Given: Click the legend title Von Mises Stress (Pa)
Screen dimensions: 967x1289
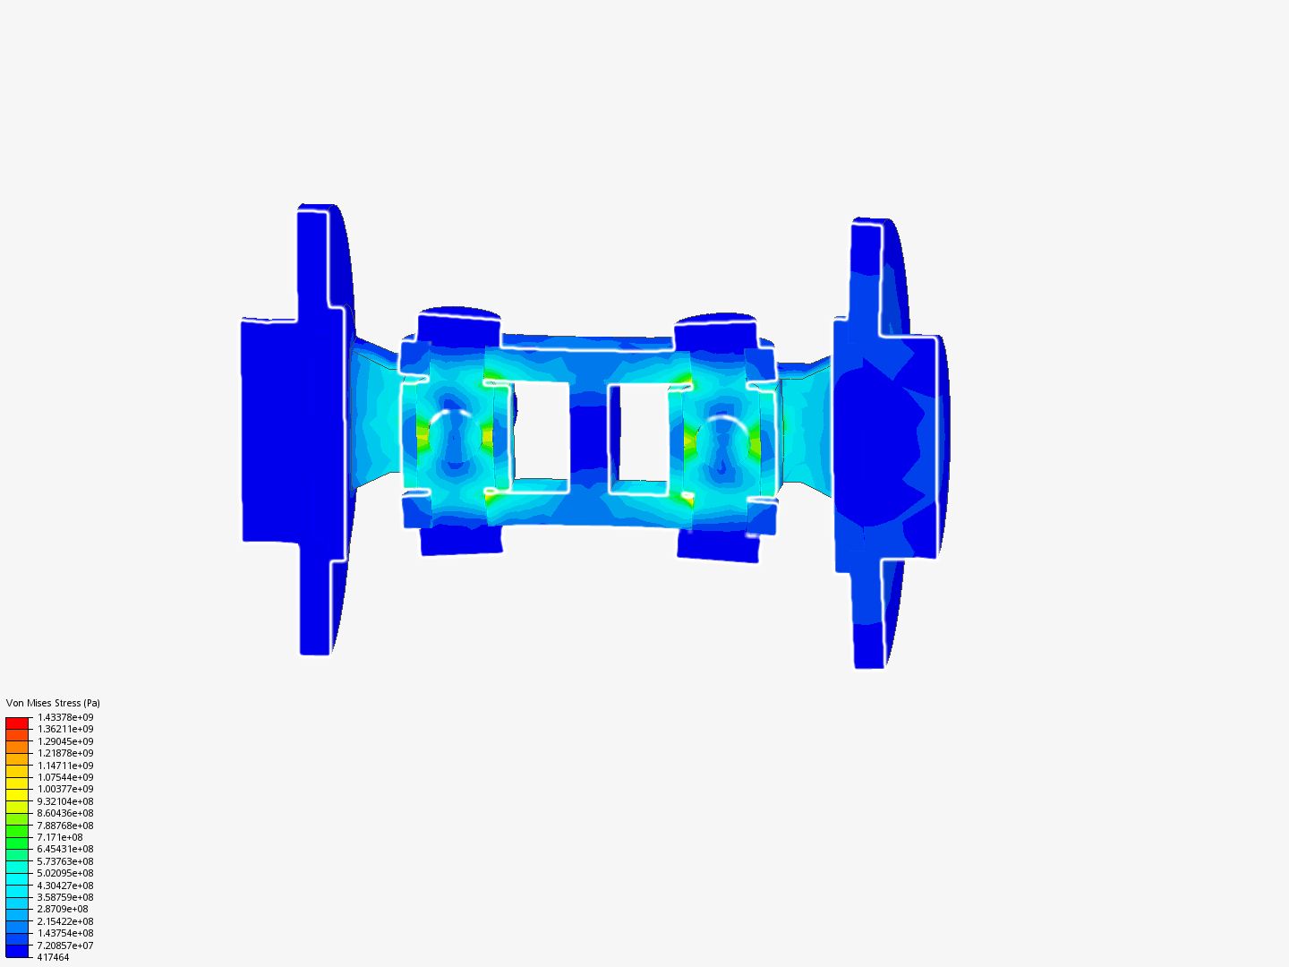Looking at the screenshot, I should coord(53,703).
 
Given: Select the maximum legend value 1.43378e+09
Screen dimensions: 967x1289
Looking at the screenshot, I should coord(65,717).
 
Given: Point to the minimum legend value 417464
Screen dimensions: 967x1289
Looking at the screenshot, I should coord(53,957).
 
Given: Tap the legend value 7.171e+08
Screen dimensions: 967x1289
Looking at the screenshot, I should coord(60,837).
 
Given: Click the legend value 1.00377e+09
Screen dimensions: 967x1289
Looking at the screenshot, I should coord(65,789).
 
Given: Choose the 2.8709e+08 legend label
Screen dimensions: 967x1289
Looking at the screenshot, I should coord(63,909).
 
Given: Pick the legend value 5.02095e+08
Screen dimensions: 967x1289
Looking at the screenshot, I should coord(65,873).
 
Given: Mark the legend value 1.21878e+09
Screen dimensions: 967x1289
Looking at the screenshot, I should coord(65,753).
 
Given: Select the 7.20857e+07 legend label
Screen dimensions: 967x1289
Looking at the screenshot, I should coord(65,946).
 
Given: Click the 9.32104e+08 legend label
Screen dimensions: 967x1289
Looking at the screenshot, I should coord(65,801).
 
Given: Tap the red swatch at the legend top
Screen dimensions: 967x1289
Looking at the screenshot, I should coord(17,723).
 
